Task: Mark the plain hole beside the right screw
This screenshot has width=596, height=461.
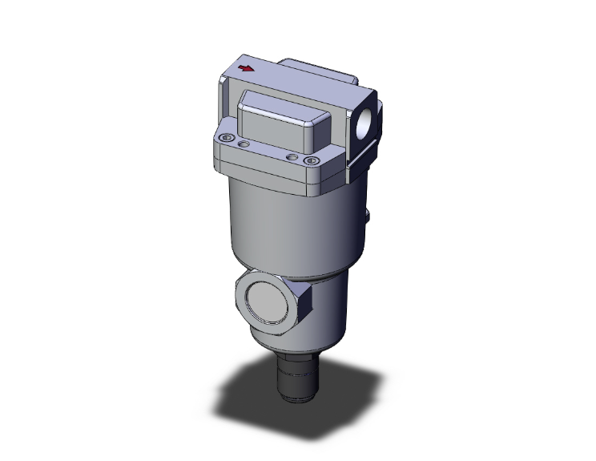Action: point(293,157)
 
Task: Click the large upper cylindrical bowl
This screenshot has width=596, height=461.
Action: point(280,224)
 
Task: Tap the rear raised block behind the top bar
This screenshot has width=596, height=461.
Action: point(320,67)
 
